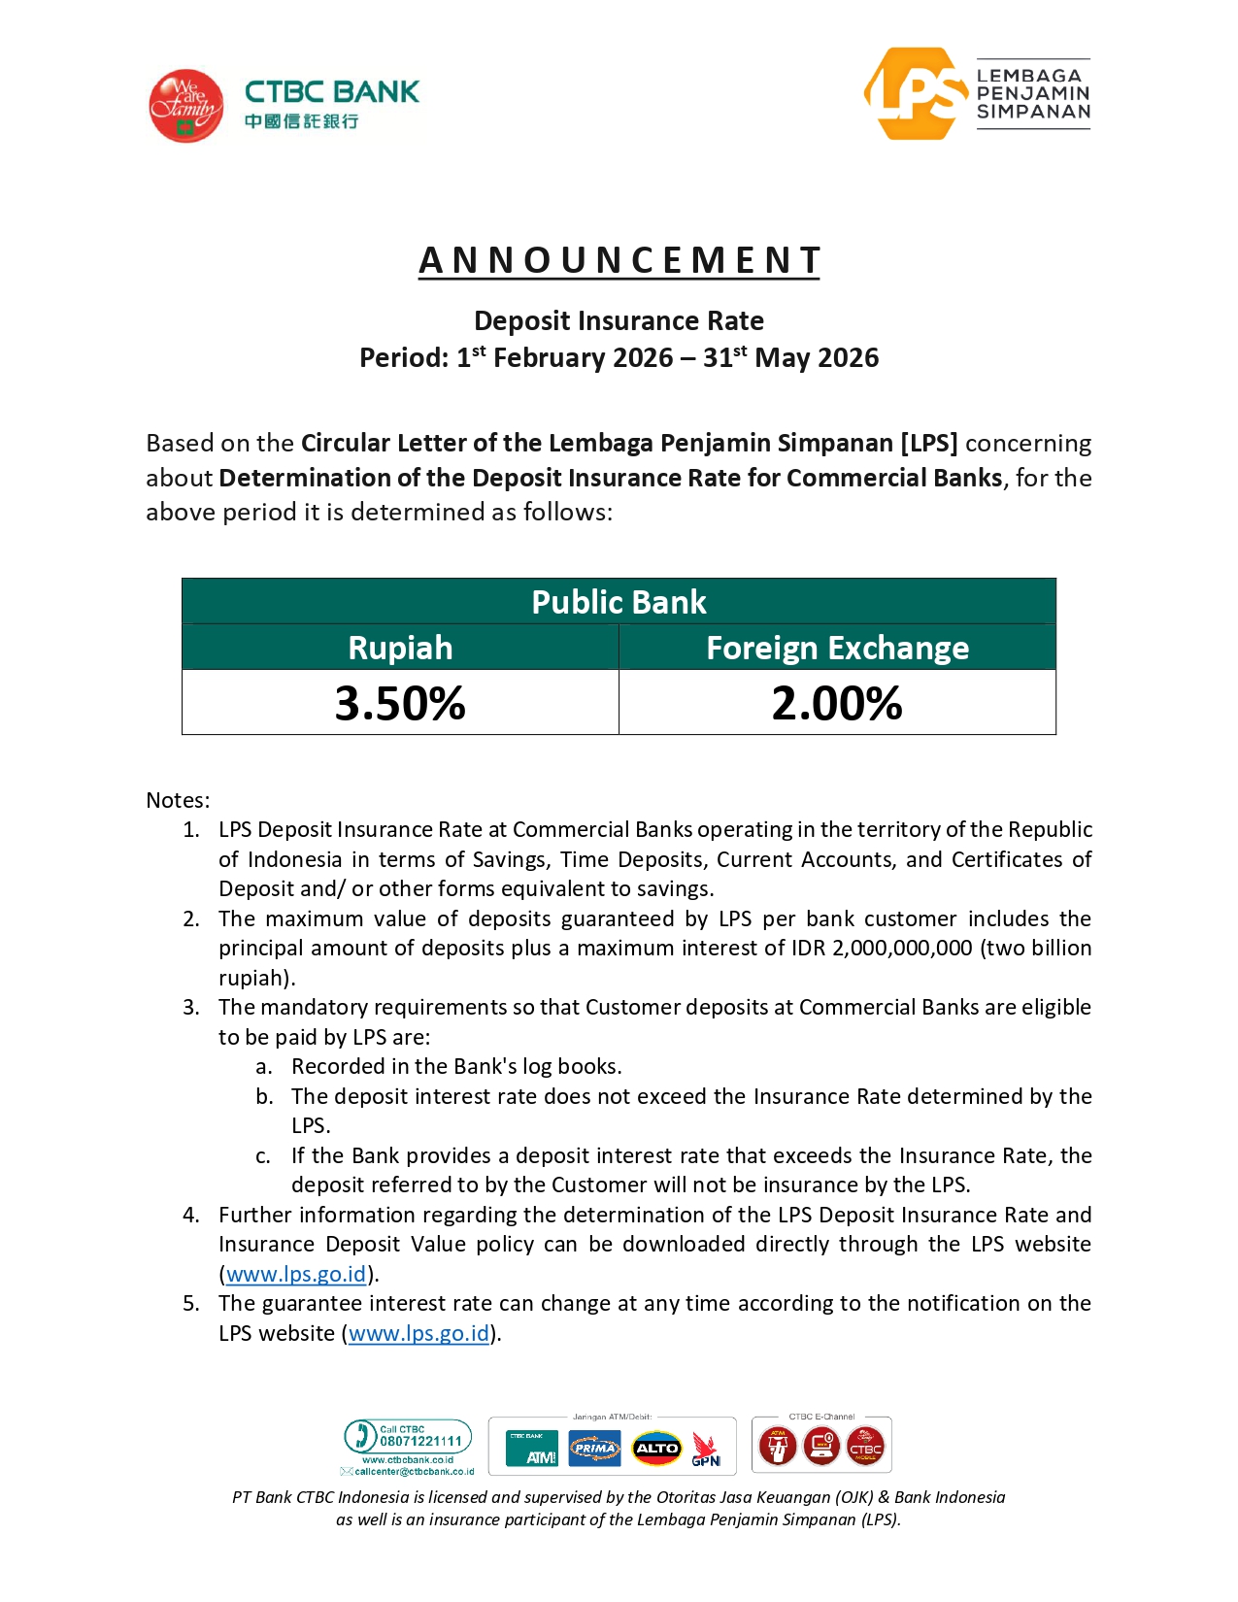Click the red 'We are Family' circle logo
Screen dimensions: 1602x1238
[185, 106]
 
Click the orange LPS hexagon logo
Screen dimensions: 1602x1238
[914, 94]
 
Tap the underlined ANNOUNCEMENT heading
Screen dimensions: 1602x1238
[619, 260]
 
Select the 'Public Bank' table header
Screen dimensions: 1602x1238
[619, 602]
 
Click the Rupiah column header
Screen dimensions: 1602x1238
[400, 648]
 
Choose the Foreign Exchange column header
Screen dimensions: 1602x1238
[837, 648]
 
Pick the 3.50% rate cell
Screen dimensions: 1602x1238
[400, 703]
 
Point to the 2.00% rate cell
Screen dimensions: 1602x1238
[837, 703]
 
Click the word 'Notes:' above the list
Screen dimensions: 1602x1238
[178, 800]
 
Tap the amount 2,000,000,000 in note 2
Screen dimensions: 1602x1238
[901, 948]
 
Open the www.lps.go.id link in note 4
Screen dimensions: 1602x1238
[296, 1274]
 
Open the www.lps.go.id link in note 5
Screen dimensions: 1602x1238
[418, 1333]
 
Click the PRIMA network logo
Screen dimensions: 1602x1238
[594, 1449]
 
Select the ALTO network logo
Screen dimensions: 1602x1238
[657, 1449]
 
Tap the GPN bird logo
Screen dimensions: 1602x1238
[706, 1450]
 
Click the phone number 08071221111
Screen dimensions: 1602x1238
[420, 1442]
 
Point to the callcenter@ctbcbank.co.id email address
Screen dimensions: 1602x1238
[414, 1472]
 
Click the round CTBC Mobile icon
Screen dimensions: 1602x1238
[865, 1447]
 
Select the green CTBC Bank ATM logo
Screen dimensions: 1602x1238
[532, 1449]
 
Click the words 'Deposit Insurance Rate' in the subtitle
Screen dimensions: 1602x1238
[619, 321]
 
